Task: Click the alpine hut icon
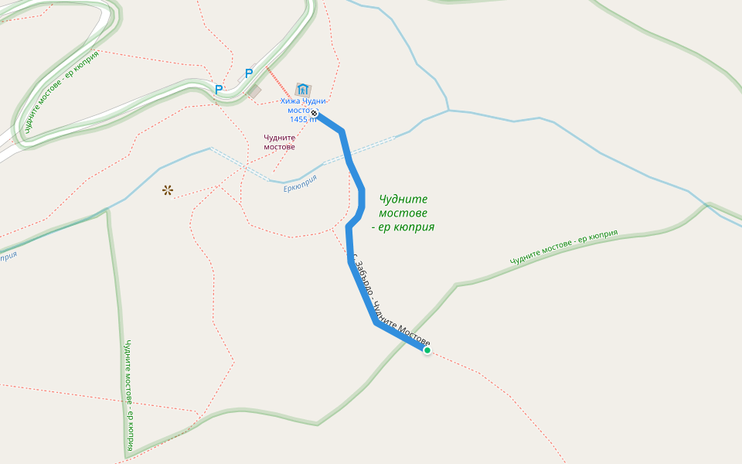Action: click(303, 90)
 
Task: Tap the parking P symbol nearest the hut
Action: click(248, 73)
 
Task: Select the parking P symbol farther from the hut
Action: click(219, 90)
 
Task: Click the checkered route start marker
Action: click(315, 114)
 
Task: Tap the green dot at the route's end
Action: click(427, 350)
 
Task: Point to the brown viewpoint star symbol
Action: click(168, 189)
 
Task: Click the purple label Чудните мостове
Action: click(279, 142)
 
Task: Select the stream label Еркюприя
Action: click(300, 183)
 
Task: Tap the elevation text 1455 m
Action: click(303, 119)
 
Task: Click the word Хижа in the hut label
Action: click(291, 101)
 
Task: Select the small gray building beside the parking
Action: click(254, 92)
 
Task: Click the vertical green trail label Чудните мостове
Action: click(128, 394)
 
